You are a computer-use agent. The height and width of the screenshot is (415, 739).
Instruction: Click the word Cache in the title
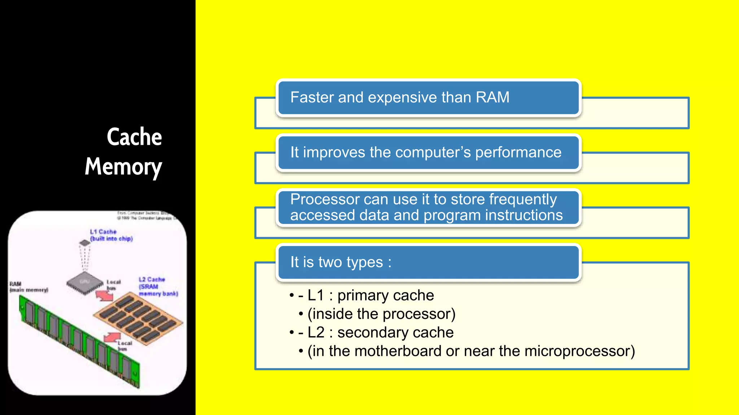coord(134,137)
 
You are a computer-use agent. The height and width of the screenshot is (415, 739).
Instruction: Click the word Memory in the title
coord(123,167)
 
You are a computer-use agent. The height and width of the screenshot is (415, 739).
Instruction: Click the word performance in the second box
coord(518,152)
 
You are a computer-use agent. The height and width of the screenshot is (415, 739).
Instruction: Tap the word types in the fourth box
coord(364,262)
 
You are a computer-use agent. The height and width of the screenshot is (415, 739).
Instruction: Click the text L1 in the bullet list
coord(316,295)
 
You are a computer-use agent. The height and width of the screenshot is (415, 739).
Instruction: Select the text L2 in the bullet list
coord(316,333)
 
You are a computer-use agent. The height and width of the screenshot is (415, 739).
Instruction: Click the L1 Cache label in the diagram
coord(104,232)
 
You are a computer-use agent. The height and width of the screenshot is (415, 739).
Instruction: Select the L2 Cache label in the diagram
coord(152,280)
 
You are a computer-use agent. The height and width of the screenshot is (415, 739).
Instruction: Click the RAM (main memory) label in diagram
coord(28,287)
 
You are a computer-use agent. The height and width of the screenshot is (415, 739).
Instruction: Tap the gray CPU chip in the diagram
coord(85,282)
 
